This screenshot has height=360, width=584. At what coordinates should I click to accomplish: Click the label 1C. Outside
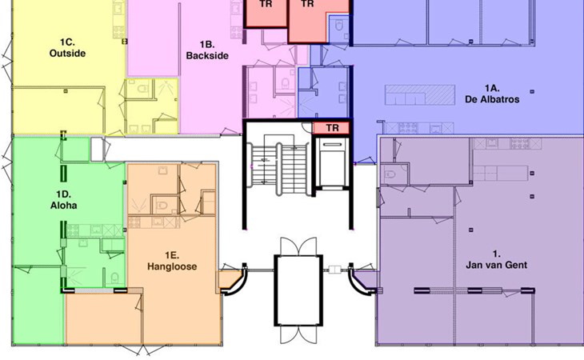point(67,48)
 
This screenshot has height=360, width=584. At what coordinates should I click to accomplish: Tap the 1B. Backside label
point(207,50)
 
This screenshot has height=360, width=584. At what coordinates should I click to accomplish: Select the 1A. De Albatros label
point(492,94)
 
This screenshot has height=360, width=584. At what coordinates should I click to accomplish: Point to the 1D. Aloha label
point(64,200)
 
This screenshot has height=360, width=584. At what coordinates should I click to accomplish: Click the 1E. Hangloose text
point(172,261)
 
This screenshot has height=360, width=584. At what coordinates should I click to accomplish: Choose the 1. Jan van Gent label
point(497,259)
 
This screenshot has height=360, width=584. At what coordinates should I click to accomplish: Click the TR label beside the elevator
point(332,128)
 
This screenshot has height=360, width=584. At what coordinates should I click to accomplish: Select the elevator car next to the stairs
point(333,162)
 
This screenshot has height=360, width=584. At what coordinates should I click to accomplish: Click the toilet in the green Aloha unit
point(115,278)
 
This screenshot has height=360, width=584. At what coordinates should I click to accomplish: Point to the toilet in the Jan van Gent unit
point(390,174)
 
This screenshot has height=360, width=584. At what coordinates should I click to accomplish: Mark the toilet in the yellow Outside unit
point(143,89)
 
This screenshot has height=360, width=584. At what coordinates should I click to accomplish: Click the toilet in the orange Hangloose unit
point(162,205)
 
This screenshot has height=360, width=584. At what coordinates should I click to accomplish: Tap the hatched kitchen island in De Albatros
point(420,94)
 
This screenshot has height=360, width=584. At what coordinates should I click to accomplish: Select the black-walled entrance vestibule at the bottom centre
point(298,290)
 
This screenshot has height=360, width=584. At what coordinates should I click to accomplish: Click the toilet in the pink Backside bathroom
point(286,83)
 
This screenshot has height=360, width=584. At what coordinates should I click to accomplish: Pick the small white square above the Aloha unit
point(97,150)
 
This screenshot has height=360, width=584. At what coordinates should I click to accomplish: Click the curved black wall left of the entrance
point(237,282)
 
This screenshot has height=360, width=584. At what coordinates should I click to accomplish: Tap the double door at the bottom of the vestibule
point(298,334)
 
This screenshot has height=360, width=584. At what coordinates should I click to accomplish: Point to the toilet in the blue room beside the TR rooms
point(339,26)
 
